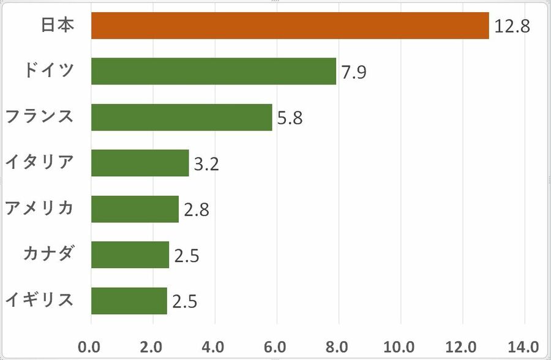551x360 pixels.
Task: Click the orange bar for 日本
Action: (290, 26)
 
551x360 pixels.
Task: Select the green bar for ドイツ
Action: (214, 72)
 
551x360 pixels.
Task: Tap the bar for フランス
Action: (181, 117)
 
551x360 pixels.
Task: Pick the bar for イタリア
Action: (140, 163)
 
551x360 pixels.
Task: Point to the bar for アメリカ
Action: (135, 209)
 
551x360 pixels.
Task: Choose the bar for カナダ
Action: (130, 255)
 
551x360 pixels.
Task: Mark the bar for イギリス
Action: (129, 301)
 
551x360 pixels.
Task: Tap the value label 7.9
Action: (354, 73)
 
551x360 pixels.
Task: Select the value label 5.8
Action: (290, 118)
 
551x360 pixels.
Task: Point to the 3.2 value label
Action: (206, 164)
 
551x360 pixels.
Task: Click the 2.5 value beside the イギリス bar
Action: (184, 302)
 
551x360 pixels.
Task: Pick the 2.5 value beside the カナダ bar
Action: (187, 256)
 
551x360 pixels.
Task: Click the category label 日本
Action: (58, 26)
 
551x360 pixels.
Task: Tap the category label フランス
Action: (39, 116)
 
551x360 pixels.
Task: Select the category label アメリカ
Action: (39, 208)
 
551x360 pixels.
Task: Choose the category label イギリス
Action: (39, 300)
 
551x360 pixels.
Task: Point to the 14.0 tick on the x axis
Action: (524, 347)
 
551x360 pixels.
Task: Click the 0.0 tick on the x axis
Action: (91, 347)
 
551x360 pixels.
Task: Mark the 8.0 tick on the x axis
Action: (339, 347)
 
